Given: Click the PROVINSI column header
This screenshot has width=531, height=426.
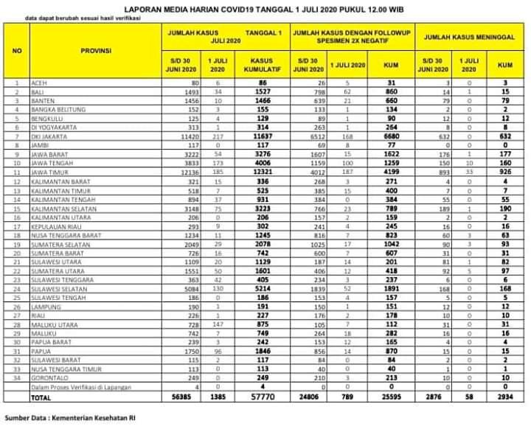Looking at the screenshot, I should coord(96,51).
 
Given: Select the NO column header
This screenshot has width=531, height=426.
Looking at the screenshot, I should coord(17,51).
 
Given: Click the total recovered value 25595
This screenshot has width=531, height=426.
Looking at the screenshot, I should coord(391,396).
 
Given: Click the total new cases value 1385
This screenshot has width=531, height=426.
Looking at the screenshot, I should coord(217,396).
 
